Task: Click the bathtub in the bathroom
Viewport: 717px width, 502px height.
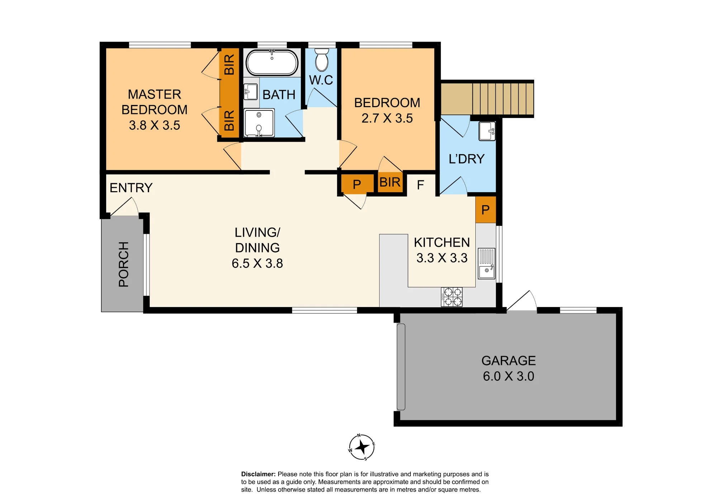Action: click(272, 62)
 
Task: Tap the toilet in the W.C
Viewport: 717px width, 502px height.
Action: click(322, 60)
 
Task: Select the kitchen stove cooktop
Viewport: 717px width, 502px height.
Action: click(452, 297)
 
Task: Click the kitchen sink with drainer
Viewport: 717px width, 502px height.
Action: click(486, 264)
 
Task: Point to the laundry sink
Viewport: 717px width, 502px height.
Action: click(487, 131)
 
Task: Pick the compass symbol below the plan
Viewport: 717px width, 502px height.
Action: click(362, 447)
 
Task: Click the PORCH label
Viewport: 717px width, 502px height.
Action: click(124, 264)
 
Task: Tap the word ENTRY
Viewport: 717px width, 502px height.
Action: click(131, 188)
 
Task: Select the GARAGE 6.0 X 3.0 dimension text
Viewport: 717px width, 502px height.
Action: click(509, 376)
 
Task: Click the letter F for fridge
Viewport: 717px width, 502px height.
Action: click(421, 185)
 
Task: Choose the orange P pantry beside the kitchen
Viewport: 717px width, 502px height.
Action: click(486, 210)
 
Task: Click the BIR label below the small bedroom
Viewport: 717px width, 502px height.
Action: click(390, 183)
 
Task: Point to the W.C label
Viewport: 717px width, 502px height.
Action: click(321, 80)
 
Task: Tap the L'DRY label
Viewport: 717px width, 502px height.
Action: click(467, 159)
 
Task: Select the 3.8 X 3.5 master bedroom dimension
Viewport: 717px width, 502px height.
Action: click(155, 126)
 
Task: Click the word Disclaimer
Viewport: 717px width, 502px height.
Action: click(258, 474)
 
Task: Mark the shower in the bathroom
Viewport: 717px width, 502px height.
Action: click(259, 123)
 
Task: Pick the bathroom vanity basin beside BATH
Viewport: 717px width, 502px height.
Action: click(251, 92)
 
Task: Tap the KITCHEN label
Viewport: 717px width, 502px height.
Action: click(442, 242)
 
